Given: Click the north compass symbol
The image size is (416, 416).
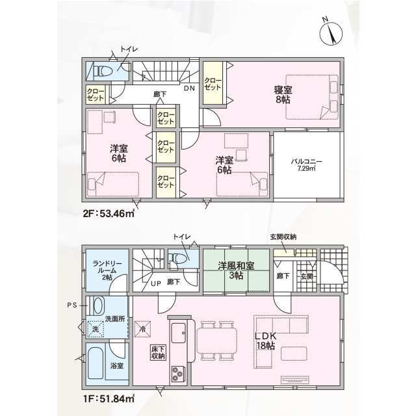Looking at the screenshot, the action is pos(331,33).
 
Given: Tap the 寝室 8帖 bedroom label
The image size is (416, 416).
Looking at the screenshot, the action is pos(283,94).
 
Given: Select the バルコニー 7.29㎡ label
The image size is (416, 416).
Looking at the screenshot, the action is pos(306,164).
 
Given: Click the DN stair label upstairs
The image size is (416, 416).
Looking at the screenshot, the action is pos(189,88).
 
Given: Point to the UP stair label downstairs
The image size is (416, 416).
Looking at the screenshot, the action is pos(156,283).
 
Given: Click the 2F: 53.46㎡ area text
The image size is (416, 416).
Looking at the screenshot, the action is pos(109,213).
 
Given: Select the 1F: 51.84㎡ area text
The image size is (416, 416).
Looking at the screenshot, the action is pos(109,398).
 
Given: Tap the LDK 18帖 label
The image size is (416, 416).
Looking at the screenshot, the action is pos(266,341).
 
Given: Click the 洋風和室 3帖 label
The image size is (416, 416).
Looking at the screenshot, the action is pos(236,270).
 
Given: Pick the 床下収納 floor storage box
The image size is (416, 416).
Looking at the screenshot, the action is pos(159,352).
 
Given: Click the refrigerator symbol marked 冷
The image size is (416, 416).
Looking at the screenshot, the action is pos(143,330).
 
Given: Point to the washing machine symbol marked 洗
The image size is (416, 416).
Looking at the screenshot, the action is pos(95,329).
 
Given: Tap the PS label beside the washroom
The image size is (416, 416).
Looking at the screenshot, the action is pos(72,305).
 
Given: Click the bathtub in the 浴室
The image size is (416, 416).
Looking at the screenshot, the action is pos(96,364).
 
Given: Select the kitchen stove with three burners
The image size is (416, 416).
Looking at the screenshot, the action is pos(177,374).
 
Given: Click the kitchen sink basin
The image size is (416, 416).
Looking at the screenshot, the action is pos(179,333).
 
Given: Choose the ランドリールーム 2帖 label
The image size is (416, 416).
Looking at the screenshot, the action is pos(107,270).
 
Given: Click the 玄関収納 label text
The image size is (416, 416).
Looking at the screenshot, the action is pos(283,237).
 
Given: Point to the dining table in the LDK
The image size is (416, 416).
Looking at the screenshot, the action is pos(216,341).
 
